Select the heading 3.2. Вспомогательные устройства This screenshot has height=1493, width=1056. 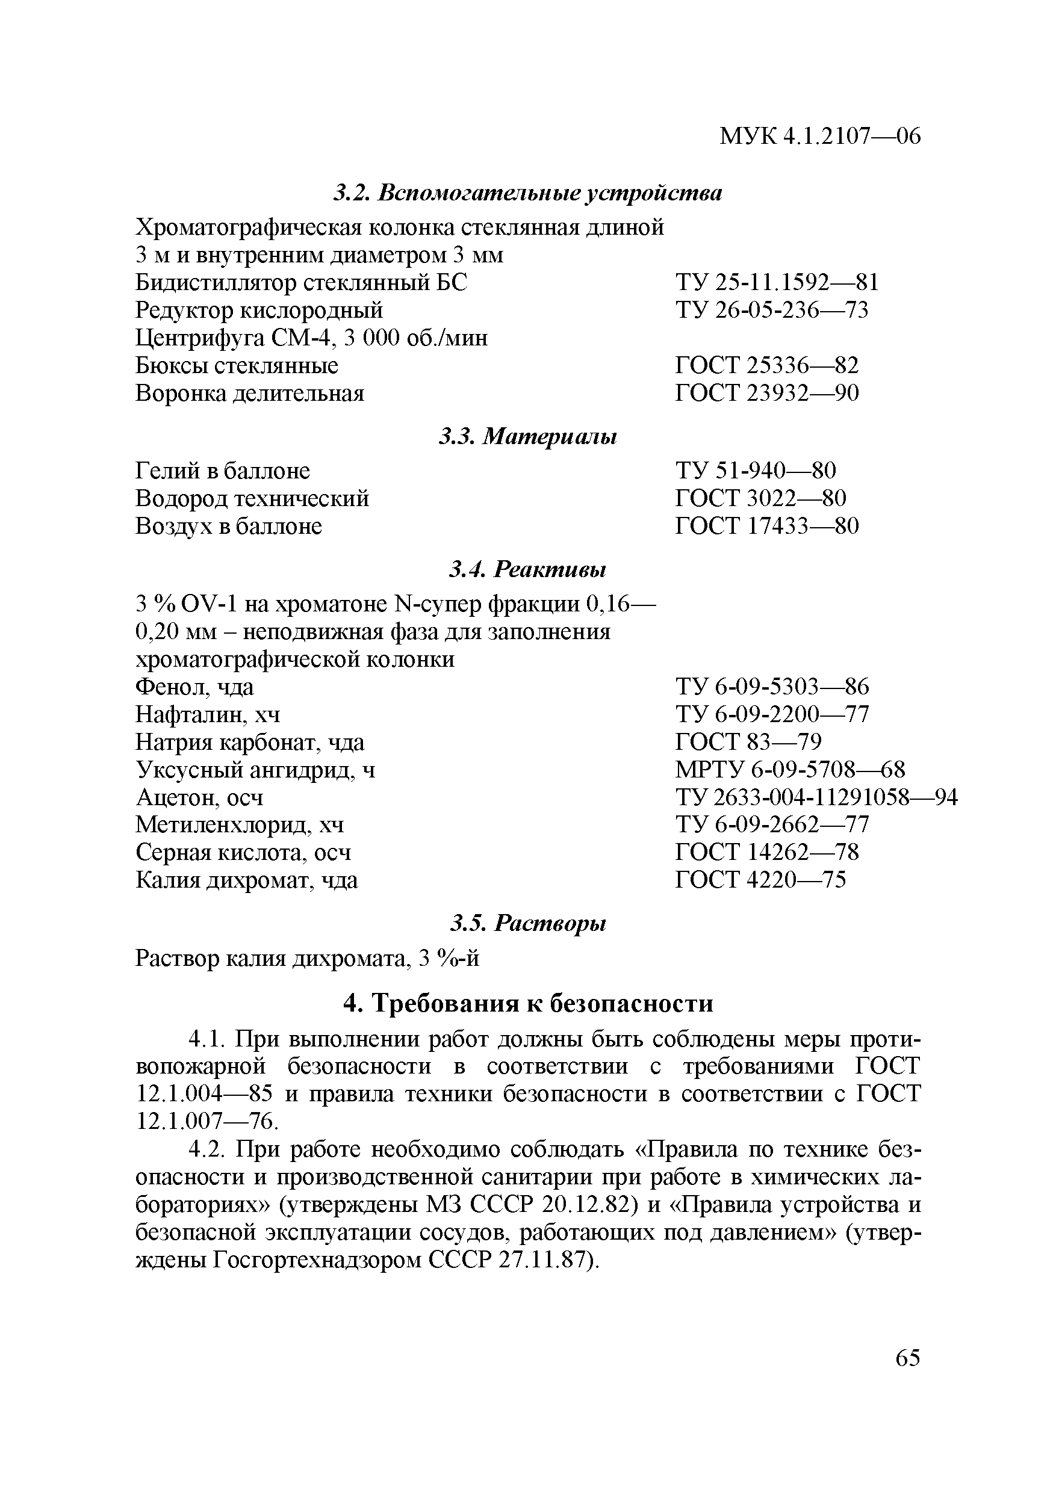[x=527, y=193]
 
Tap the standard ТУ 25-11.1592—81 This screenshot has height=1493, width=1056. [x=777, y=282]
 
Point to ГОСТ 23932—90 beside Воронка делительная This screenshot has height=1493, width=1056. [x=767, y=393]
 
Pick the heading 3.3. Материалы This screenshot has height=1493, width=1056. [x=527, y=436]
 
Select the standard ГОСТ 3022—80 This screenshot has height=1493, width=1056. [x=760, y=498]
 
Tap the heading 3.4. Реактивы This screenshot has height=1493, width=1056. [x=527, y=570]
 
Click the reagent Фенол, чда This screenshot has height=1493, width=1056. [x=194, y=687]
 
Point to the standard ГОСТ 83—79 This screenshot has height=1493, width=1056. [x=748, y=742]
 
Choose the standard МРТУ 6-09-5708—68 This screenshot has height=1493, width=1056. [x=790, y=770]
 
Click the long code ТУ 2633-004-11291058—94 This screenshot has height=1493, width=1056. [x=816, y=797]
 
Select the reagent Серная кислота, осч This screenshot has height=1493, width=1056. [x=243, y=852]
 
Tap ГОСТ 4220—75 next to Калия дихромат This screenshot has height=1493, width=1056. [x=760, y=880]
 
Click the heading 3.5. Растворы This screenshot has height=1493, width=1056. [x=527, y=923]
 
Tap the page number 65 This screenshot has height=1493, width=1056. [x=908, y=1358]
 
